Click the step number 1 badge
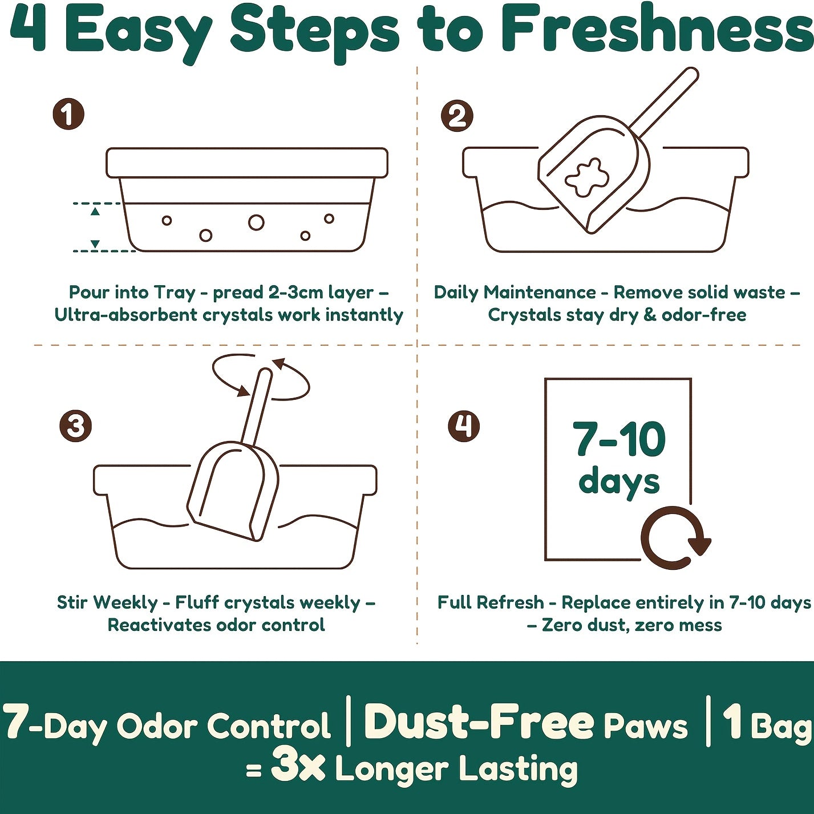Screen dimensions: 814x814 (68, 114)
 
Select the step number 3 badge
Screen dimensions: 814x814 (75, 426)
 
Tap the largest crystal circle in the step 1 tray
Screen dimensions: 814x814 (256, 222)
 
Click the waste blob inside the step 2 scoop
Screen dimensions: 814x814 (584, 178)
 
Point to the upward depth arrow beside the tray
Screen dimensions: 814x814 (95, 211)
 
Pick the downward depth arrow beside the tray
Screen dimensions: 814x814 (95, 244)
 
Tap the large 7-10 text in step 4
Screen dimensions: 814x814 (619, 439)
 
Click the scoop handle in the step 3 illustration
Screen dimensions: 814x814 (256, 408)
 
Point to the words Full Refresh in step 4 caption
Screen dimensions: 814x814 (491, 602)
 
